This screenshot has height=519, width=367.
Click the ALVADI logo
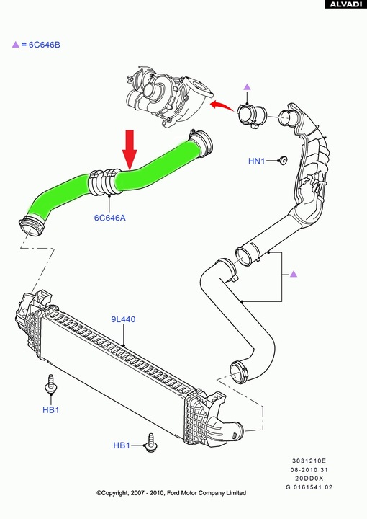pos(345,4)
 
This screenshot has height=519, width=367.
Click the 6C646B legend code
pos(45,45)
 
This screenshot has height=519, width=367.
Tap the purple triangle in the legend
pos(16,45)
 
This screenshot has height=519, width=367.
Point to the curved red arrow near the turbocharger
pos(223,105)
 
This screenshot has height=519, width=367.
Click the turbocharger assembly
pos(169,95)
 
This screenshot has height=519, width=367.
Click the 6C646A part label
pos(110,218)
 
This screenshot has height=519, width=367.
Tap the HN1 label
pos(257,161)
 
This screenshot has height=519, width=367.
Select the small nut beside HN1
pos(282,160)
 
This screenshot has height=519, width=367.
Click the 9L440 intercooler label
pos(123,319)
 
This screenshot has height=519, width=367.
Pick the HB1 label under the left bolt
pos(51,409)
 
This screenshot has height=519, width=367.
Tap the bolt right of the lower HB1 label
pos(151,443)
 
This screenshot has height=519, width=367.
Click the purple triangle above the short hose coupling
pos(247,87)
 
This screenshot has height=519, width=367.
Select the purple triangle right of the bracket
pos(294,274)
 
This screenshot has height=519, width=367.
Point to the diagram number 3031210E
pos(309,461)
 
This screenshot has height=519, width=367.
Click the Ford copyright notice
pos(171,493)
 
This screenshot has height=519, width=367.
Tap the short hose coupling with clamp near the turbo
pos(253,117)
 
